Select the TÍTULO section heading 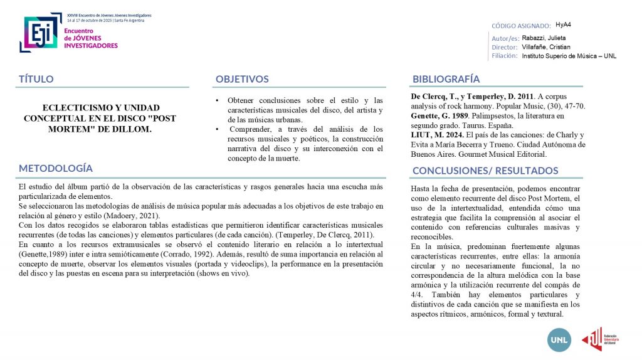point(36,79)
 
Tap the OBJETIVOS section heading point(242,79)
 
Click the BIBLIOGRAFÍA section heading point(446,79)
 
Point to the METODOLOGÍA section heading point(56,168)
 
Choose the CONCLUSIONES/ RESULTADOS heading point(485,171)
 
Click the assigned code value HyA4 point(563,25)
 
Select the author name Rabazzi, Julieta point(544,38)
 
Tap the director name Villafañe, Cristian point(546,47)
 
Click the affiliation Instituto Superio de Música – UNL point(569,56)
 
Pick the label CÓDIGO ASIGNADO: point(521,26)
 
